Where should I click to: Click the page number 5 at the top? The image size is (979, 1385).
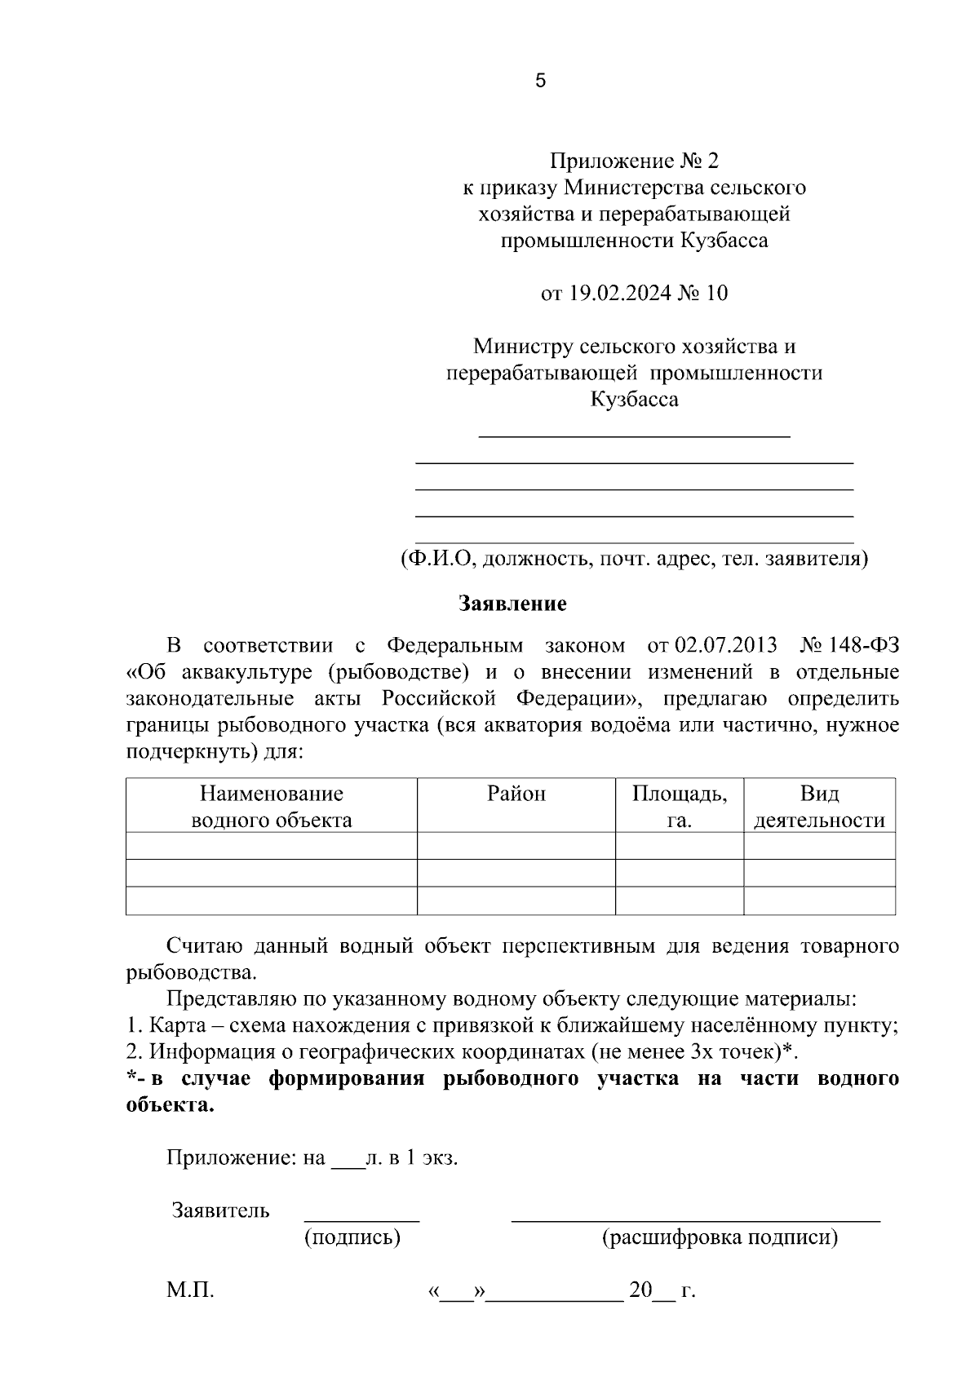(540, 81)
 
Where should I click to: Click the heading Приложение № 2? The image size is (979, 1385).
(634, 161)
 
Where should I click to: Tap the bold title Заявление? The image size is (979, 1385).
(512, 604)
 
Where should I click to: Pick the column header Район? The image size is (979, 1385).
(516, 794)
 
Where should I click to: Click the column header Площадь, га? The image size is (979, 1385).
(679, 807)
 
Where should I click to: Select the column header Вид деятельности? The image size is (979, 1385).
(819, 807)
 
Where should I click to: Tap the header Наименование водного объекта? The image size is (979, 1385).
(271, 807)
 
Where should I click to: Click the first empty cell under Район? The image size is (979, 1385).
(516, 846)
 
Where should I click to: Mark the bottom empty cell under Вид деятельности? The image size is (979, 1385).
(819, 900)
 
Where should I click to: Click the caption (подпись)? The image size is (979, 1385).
(352, 1238)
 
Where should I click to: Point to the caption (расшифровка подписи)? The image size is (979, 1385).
(720, 1238)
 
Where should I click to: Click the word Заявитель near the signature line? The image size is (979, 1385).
(220, 1210)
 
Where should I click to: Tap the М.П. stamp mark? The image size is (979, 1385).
(190, 1291)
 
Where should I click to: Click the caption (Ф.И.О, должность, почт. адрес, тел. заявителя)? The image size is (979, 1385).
(634, 560)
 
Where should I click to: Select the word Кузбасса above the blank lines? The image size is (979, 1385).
(634, 400)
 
